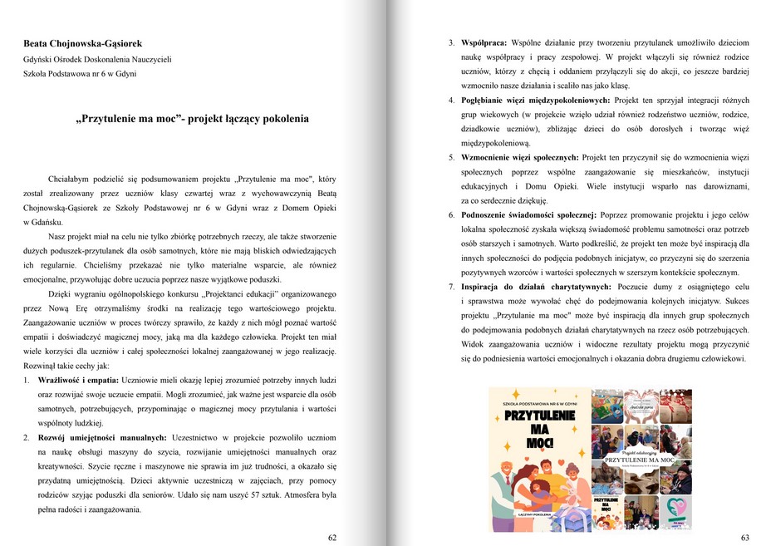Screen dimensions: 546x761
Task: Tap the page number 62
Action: pos(332,538)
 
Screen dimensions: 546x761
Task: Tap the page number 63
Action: pos(744,538)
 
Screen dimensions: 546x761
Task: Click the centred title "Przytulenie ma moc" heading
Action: pos(192,119)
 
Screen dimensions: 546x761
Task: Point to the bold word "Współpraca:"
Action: pos(484,42)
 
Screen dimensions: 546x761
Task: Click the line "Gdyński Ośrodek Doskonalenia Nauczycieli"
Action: pos(98,59)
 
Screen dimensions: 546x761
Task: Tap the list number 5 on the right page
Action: pos(451,157)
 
